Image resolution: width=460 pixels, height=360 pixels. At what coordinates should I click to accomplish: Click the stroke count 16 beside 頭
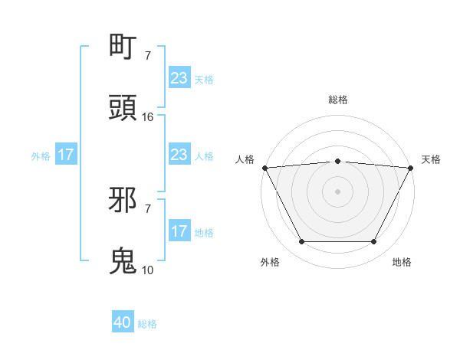point(148,117)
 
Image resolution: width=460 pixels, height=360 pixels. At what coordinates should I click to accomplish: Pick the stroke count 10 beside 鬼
point(148,270)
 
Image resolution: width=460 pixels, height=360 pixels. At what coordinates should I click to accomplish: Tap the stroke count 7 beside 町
point(148,55)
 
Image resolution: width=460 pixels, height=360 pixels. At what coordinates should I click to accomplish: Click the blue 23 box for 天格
point(179,78)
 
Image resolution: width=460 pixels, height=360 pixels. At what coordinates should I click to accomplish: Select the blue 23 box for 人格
point(179,155)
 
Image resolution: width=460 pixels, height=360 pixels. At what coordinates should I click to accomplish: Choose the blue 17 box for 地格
point(179,231)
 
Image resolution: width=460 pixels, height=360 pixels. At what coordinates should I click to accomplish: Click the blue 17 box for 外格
point(66,155)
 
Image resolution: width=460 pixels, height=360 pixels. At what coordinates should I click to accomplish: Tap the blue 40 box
point(123,323)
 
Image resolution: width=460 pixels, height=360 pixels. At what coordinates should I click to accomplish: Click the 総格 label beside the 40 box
point(147,324)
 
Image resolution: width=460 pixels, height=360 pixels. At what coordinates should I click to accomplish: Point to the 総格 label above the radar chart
point(337,100)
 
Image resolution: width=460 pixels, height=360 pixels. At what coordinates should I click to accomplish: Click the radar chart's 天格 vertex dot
point(412,168)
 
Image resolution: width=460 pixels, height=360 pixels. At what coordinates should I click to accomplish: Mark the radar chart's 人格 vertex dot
point(264,168)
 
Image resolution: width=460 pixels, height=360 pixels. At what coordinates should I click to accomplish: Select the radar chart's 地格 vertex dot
point(374,242)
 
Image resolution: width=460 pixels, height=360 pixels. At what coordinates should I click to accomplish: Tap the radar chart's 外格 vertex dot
point(301,242)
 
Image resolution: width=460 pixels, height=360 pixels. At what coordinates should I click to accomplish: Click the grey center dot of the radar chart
point(337,191)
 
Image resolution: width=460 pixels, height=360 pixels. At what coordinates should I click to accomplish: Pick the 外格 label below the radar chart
point(270,262)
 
